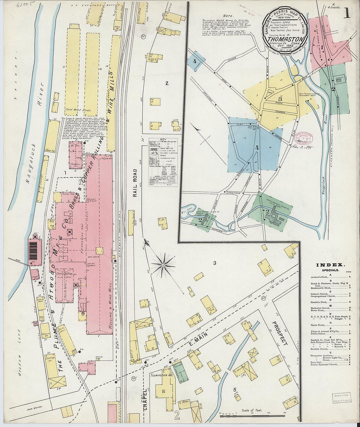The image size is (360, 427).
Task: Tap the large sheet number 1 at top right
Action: pos(347,14)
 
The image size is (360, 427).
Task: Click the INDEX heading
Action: pos(329,265)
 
